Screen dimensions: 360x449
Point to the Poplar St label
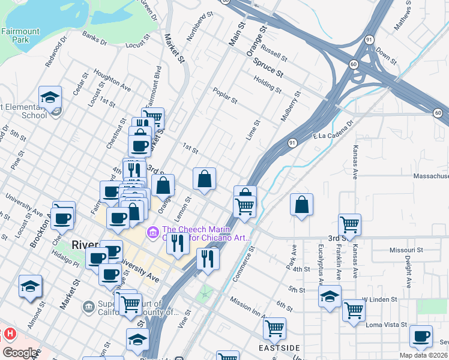coord(225,95)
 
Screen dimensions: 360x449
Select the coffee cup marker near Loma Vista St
coord(421,336)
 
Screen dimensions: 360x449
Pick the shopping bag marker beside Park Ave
coord(301,204)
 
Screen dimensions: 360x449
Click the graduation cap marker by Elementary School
coord(50,97)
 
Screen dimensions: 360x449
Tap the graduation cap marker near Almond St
coord(30,286)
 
